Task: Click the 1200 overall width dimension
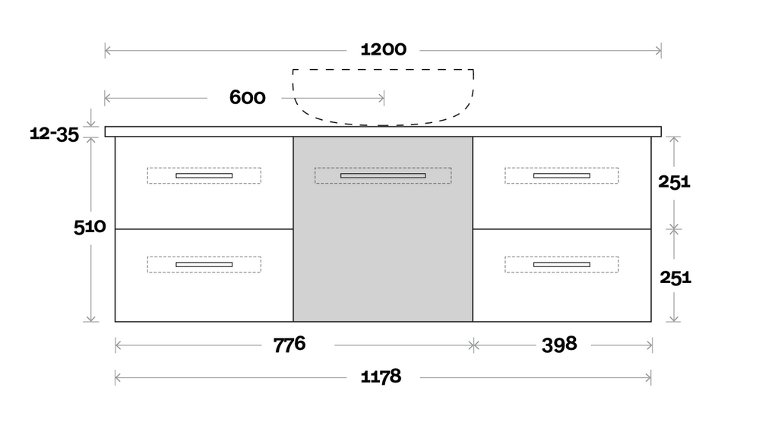(x=383, y=50)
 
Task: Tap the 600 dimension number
(x=247, y=98)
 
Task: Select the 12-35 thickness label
(x=54, y=134)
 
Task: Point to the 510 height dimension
(x=89, y=227)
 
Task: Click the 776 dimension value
(x=289, y=345)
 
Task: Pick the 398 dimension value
(x=559, y=345)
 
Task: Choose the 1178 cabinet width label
(x=380, y=376)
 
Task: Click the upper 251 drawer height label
(x=675, y=181)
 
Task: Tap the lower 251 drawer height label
(x=675, y=277)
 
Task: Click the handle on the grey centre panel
(x=383, y=175)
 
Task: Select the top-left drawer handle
(x=204, y=175)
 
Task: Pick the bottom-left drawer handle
(x=204, y=264)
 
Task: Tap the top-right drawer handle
(x=561, y=175)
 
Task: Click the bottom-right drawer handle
(x=561, y=264)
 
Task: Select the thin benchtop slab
(x=383, y=131)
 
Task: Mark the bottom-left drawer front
(x=204, y=292)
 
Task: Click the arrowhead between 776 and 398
(x=473, y=345)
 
